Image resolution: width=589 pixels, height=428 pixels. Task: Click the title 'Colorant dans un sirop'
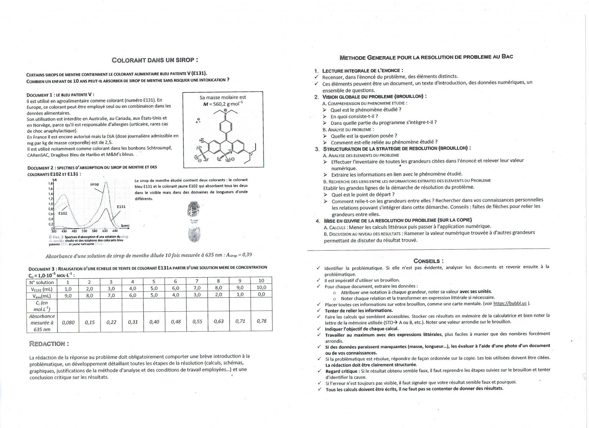(155, 60)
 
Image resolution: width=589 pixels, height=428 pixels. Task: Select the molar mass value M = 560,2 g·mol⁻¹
(223, 104)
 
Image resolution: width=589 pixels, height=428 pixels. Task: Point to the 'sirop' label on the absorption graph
(95, 184)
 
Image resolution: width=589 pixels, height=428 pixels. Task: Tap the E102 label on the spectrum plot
(62, 213)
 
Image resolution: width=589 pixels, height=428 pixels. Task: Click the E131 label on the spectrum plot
(121, 207)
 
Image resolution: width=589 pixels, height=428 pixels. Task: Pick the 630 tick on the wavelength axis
(105, 231)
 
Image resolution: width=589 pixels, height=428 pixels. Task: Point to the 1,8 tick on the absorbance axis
(50, 183)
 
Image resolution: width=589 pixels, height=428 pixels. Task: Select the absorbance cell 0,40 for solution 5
(154, 322)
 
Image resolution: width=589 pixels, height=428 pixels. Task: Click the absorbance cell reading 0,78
(261, 321)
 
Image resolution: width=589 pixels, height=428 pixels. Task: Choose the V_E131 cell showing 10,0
(261, 287)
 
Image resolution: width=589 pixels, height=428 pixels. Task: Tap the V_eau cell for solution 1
(68, 296)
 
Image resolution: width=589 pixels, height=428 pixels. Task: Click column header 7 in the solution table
(197, 281)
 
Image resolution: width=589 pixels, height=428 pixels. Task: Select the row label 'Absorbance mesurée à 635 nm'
(42, 323)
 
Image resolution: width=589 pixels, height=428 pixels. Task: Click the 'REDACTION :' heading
(49, 344)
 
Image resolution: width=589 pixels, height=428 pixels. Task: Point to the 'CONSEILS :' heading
(428, 261)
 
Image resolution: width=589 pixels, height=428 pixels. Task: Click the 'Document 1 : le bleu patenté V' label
(60, 95)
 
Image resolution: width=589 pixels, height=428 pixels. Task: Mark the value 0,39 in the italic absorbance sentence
(247, 255)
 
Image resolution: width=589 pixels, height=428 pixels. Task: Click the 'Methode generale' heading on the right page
(426, 57)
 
